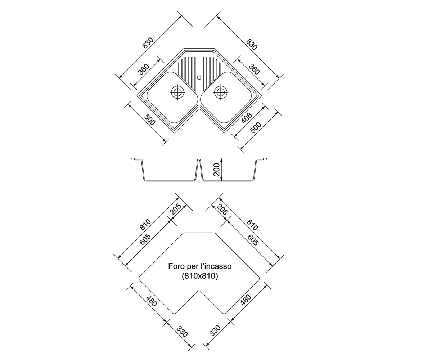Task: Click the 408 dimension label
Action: (247, 118)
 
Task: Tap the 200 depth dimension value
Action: (216, 170)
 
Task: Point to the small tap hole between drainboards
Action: (199, 78)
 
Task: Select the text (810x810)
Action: (200, 276)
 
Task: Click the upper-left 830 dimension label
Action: (148, 43)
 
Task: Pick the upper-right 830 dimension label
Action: (251, 44)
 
